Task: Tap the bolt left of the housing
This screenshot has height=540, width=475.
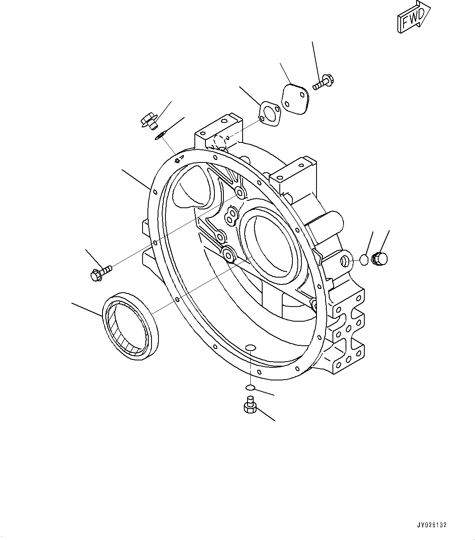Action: pyautogui.click(x=100, y=272)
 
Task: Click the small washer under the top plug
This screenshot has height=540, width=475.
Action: pyautogui.click(x=159, y=136)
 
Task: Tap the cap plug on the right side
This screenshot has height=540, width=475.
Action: pyautogui.click(x=381, y=259)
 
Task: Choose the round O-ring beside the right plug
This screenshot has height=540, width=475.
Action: pyautogui.click(x=363, y=260)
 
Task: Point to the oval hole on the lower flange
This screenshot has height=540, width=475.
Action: pyautogui.click(x=251, y=348)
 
